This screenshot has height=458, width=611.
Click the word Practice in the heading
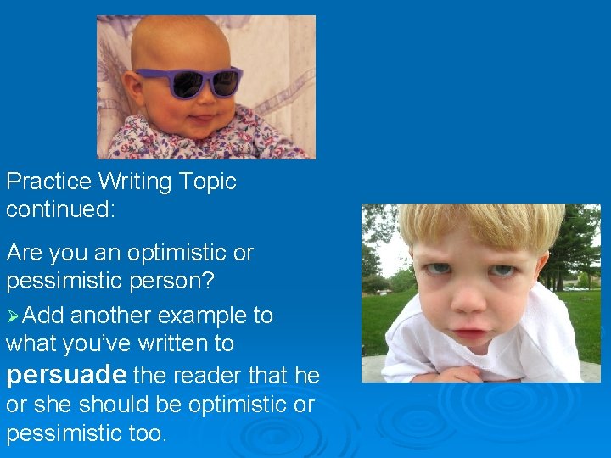48,182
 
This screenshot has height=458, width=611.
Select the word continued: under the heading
60,209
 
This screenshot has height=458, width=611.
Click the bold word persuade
66,374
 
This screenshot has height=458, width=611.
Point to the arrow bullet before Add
14,316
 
